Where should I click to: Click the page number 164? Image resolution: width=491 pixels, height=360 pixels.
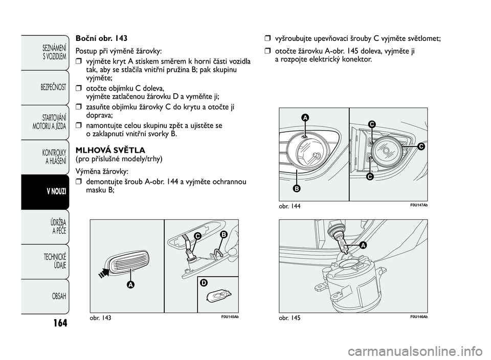pos(60,323)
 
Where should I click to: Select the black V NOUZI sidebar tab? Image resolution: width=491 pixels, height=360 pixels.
pos(45,192)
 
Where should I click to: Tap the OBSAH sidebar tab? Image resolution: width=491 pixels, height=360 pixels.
pos(45,297)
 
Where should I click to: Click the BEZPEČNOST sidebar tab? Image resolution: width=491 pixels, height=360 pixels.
pos(45,88)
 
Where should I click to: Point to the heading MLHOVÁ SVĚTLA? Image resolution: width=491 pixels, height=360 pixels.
pos(110,150)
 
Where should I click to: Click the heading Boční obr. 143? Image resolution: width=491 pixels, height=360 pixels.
pos(101,38)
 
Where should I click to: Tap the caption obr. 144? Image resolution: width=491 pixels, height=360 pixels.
pos(289,206)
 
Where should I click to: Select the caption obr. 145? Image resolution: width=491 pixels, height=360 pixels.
pos(289,317)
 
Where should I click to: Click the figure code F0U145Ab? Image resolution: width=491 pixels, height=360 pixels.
pos(230,316)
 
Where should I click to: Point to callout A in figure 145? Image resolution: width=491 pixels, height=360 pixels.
pos(363,245)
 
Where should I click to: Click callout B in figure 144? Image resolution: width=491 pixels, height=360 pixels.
pos(296,188)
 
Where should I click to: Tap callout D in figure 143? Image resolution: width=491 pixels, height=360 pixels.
pos(204,283)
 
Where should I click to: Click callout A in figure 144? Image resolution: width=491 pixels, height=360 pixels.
pos(305,118)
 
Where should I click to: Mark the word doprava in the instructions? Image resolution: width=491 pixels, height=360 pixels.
pos(98,115)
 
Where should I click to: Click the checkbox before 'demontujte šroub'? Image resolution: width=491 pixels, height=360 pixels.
pos(78,182)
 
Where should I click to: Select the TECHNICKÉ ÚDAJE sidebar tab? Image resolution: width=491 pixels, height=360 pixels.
pos(45,262)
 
